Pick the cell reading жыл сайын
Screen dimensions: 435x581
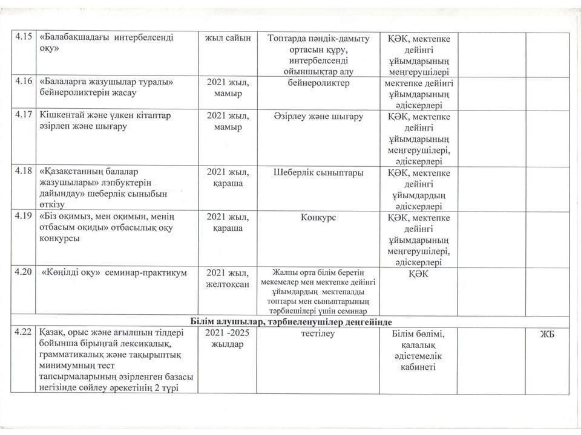tap(228, 37)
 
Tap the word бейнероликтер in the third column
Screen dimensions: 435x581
tap(318, 82)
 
